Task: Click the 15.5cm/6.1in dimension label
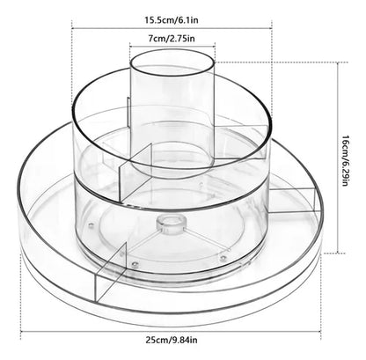coord(172,20)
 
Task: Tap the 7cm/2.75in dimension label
coord(172,39)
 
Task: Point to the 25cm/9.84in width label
coord(172,340)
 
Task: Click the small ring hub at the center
coord(171,225)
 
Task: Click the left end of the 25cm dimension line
coord(21,331)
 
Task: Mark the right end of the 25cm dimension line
coord(321,331)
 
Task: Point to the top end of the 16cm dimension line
coord(339,62)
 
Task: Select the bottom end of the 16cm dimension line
coord(339,253)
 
